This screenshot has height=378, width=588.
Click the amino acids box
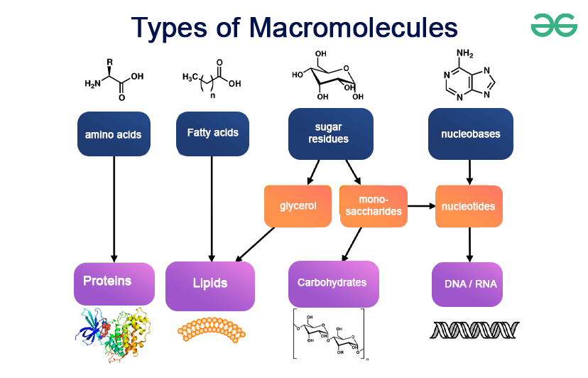[114, 134]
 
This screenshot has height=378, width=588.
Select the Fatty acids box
[212, 134]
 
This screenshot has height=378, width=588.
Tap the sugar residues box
[331, 134]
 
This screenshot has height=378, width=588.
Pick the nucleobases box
[471, 134]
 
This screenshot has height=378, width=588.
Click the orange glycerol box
[298, 206]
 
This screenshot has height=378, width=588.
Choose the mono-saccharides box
[374, 206]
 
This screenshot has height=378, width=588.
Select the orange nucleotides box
[469, 206]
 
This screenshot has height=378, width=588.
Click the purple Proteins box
[114, 283]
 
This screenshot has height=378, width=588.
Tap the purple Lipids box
[210, 286]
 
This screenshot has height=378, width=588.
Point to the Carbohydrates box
[333, 284]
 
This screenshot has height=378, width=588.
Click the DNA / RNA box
[467, 284]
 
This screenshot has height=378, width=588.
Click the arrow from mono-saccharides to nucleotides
[422, 206]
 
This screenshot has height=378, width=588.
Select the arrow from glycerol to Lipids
[255, 244]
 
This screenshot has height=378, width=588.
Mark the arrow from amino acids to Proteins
[114, 210]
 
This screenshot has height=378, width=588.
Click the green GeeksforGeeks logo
[554, 25]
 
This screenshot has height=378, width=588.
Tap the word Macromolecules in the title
[353, 28]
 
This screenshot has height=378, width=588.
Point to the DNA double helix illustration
[474, 330]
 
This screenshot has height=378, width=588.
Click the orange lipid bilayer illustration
[212, 330]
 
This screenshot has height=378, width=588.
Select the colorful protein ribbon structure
[113, 335]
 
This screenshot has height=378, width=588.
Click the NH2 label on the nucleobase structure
[464, 53]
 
